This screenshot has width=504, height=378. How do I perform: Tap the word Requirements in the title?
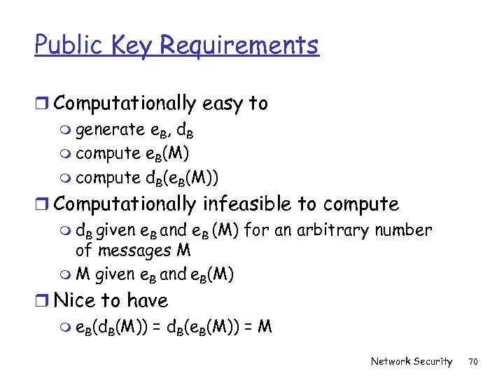pyautogui.click(x=239, y=46)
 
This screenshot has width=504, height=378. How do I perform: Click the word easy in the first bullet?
pyautogui.click(x=221, y=104)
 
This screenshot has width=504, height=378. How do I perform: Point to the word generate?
pyautogui.click(x=110, y=130)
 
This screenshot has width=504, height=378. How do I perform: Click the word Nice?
pyautogui.click(x=76, y=301)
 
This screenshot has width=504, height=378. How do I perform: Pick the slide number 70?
pyautogui.click(x=472, y=361)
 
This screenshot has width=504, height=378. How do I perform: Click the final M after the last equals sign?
pyautogui.click(x=265, y=326)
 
